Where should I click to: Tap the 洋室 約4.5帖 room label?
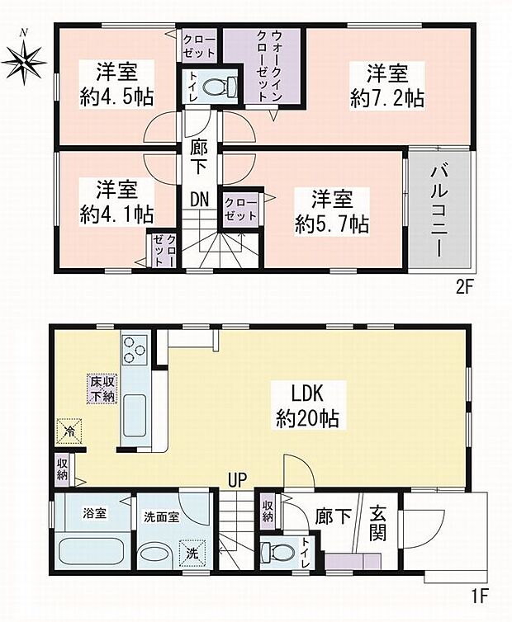pyautogui.click(x=116, y=84)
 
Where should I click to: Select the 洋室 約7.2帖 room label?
pyautogui.click(x=387, y=85)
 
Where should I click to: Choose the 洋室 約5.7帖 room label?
pyautogui.click(x=332, y=211)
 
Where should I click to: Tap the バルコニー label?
pyautogui.click(x=439, y=211)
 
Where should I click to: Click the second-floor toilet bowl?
pyautogui.click(x=220, y=87)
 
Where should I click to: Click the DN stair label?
pyautogui.click(x=199, y=199)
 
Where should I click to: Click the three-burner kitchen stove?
pyautogui.click(x=135, y=349)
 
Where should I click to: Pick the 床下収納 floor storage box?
pyautogui.click(x=102, y=389)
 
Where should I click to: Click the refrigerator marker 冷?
pyautogui.click(x=69, y=431)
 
